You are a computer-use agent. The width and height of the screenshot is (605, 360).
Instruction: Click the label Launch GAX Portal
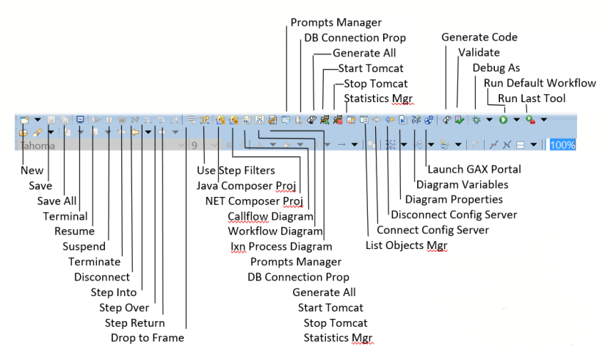tap(474, 169)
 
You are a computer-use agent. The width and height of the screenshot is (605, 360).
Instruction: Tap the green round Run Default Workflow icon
tap(503, 120)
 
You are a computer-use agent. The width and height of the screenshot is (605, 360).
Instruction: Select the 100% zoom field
tap(562, 145)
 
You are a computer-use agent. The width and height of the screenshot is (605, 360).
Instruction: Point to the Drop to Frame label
tap(148, 338)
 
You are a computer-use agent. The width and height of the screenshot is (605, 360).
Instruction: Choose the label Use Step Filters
tap(236, 170)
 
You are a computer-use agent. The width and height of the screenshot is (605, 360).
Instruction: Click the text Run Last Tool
tap(532, 98)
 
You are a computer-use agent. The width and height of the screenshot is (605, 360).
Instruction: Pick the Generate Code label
tap(479, 37)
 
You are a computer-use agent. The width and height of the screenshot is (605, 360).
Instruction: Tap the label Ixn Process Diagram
tap(281, 246)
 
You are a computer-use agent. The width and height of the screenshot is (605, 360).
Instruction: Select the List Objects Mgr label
tap(406, 245)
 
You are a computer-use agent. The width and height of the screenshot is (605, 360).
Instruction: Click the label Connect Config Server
tap(432, 230)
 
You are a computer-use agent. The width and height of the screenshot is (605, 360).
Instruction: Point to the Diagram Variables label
tap(463, 184)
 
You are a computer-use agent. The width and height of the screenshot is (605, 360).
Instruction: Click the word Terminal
tap(65, 216)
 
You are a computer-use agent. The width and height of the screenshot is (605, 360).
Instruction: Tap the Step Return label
tap(134, 323)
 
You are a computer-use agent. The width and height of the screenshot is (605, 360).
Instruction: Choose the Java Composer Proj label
tap(246, 186)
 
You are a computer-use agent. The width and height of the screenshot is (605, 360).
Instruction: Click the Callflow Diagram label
tap(270, 216)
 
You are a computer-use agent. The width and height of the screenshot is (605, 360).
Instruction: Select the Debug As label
tap(496, 68)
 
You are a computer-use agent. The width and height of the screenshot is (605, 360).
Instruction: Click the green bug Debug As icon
tap(477, 120)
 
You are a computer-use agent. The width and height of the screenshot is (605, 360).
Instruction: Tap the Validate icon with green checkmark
tap(459, 120)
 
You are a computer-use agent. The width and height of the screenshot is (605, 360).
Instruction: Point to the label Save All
tap(57, 201)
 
